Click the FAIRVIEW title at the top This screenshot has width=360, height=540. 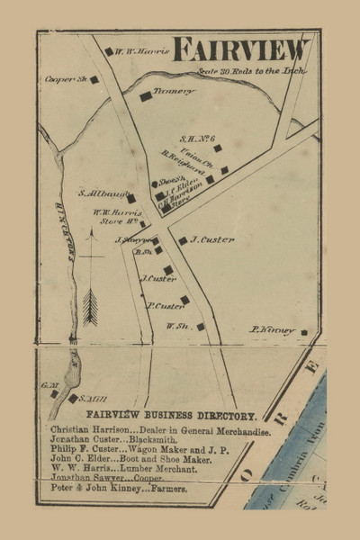pos(241,49)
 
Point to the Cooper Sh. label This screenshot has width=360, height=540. pos(63,79)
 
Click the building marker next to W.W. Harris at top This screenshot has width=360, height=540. pos(110,52)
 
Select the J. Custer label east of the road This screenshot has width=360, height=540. pos(212,239)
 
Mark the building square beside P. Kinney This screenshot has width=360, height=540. pos(304,333)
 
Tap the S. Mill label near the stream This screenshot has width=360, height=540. pos(93,398)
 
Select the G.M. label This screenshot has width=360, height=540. pos(49,385)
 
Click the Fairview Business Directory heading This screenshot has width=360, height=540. pos(171,417)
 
